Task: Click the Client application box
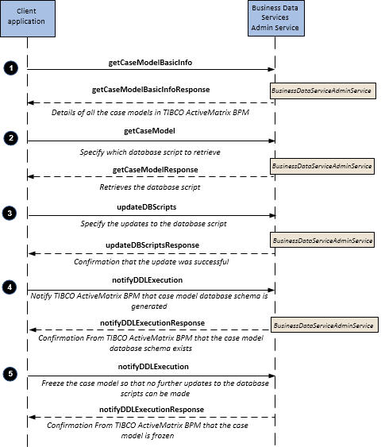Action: point(28,18)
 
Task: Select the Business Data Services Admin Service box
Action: point(276,18)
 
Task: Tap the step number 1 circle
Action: point(11,68)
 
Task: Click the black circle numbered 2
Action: point(11,138)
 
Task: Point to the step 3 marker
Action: point(10,214)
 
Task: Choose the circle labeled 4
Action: point(10,287)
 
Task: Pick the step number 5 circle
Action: point(10,374)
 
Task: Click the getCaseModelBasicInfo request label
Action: point(150,63)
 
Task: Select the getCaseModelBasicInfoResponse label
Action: point(151,90)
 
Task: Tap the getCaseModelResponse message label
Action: point(156,170)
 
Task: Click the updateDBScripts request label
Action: point(147,207)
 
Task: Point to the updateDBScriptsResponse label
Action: point(152,245)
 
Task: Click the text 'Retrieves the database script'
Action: point(150,187)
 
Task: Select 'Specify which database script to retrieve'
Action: point(150,152)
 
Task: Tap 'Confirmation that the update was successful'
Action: point(152,262)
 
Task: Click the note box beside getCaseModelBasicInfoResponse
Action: point(323,91)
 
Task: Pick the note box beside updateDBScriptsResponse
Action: point(322,240)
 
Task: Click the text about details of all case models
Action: point(150,112)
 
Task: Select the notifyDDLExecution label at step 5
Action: point(153,367)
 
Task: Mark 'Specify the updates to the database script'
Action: point(153,224)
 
